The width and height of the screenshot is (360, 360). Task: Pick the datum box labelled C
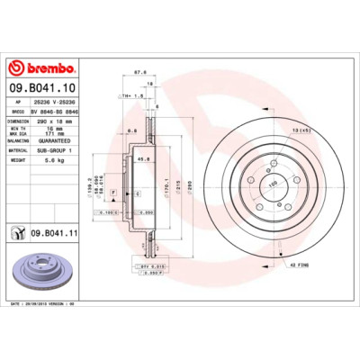pyautogui.click(x=137, y=193)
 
